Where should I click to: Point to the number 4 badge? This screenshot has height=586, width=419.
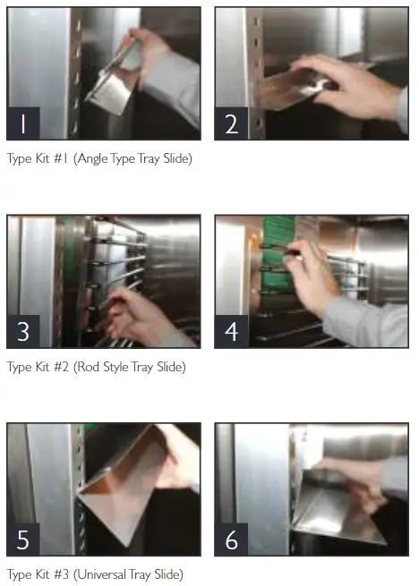(x=232, y=331)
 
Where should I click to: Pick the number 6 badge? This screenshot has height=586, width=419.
(x=232, y=539)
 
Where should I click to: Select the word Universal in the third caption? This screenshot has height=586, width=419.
(x=109, y=574)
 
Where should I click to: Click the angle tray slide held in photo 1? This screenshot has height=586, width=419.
(x=116, y=81)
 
